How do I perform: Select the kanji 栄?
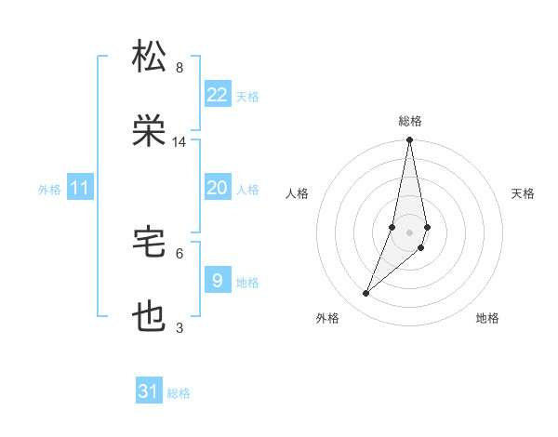pyautogui.click(x=151, y=132)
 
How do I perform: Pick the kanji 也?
pyautogui.click(x=151, y=318)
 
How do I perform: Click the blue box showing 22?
pyautogui.click(x=218, y=95)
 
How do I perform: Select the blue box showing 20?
pyautogui.click(x=218, y=188)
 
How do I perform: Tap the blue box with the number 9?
pyautogui.click(x=218, y=280)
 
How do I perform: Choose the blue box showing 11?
pyautogui.click(x=80, y=189)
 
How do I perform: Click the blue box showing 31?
pyautogui.click(x=149, y=391)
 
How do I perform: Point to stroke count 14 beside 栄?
pyautogui.click(x=179, y=142)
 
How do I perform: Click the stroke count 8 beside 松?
pyautogui.click(x=179, y=67)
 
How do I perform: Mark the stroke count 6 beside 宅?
pyautogui.click(x=179, y=252)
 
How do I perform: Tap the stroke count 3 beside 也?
pyautogui.click(x=179, y=327)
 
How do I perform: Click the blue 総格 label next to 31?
pyautogui.click(x=179, y=393)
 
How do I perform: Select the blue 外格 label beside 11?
pyautogui.click(x=49, y=190)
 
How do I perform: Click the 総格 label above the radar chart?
pyautogui.click(x=410, y=121)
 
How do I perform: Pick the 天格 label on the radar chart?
pyautogui.click(x=524, y=193)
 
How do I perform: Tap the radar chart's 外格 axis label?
pyautogui.click(x=327, y=318)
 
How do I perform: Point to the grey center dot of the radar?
pyautogui.click(x=410, y=232)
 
